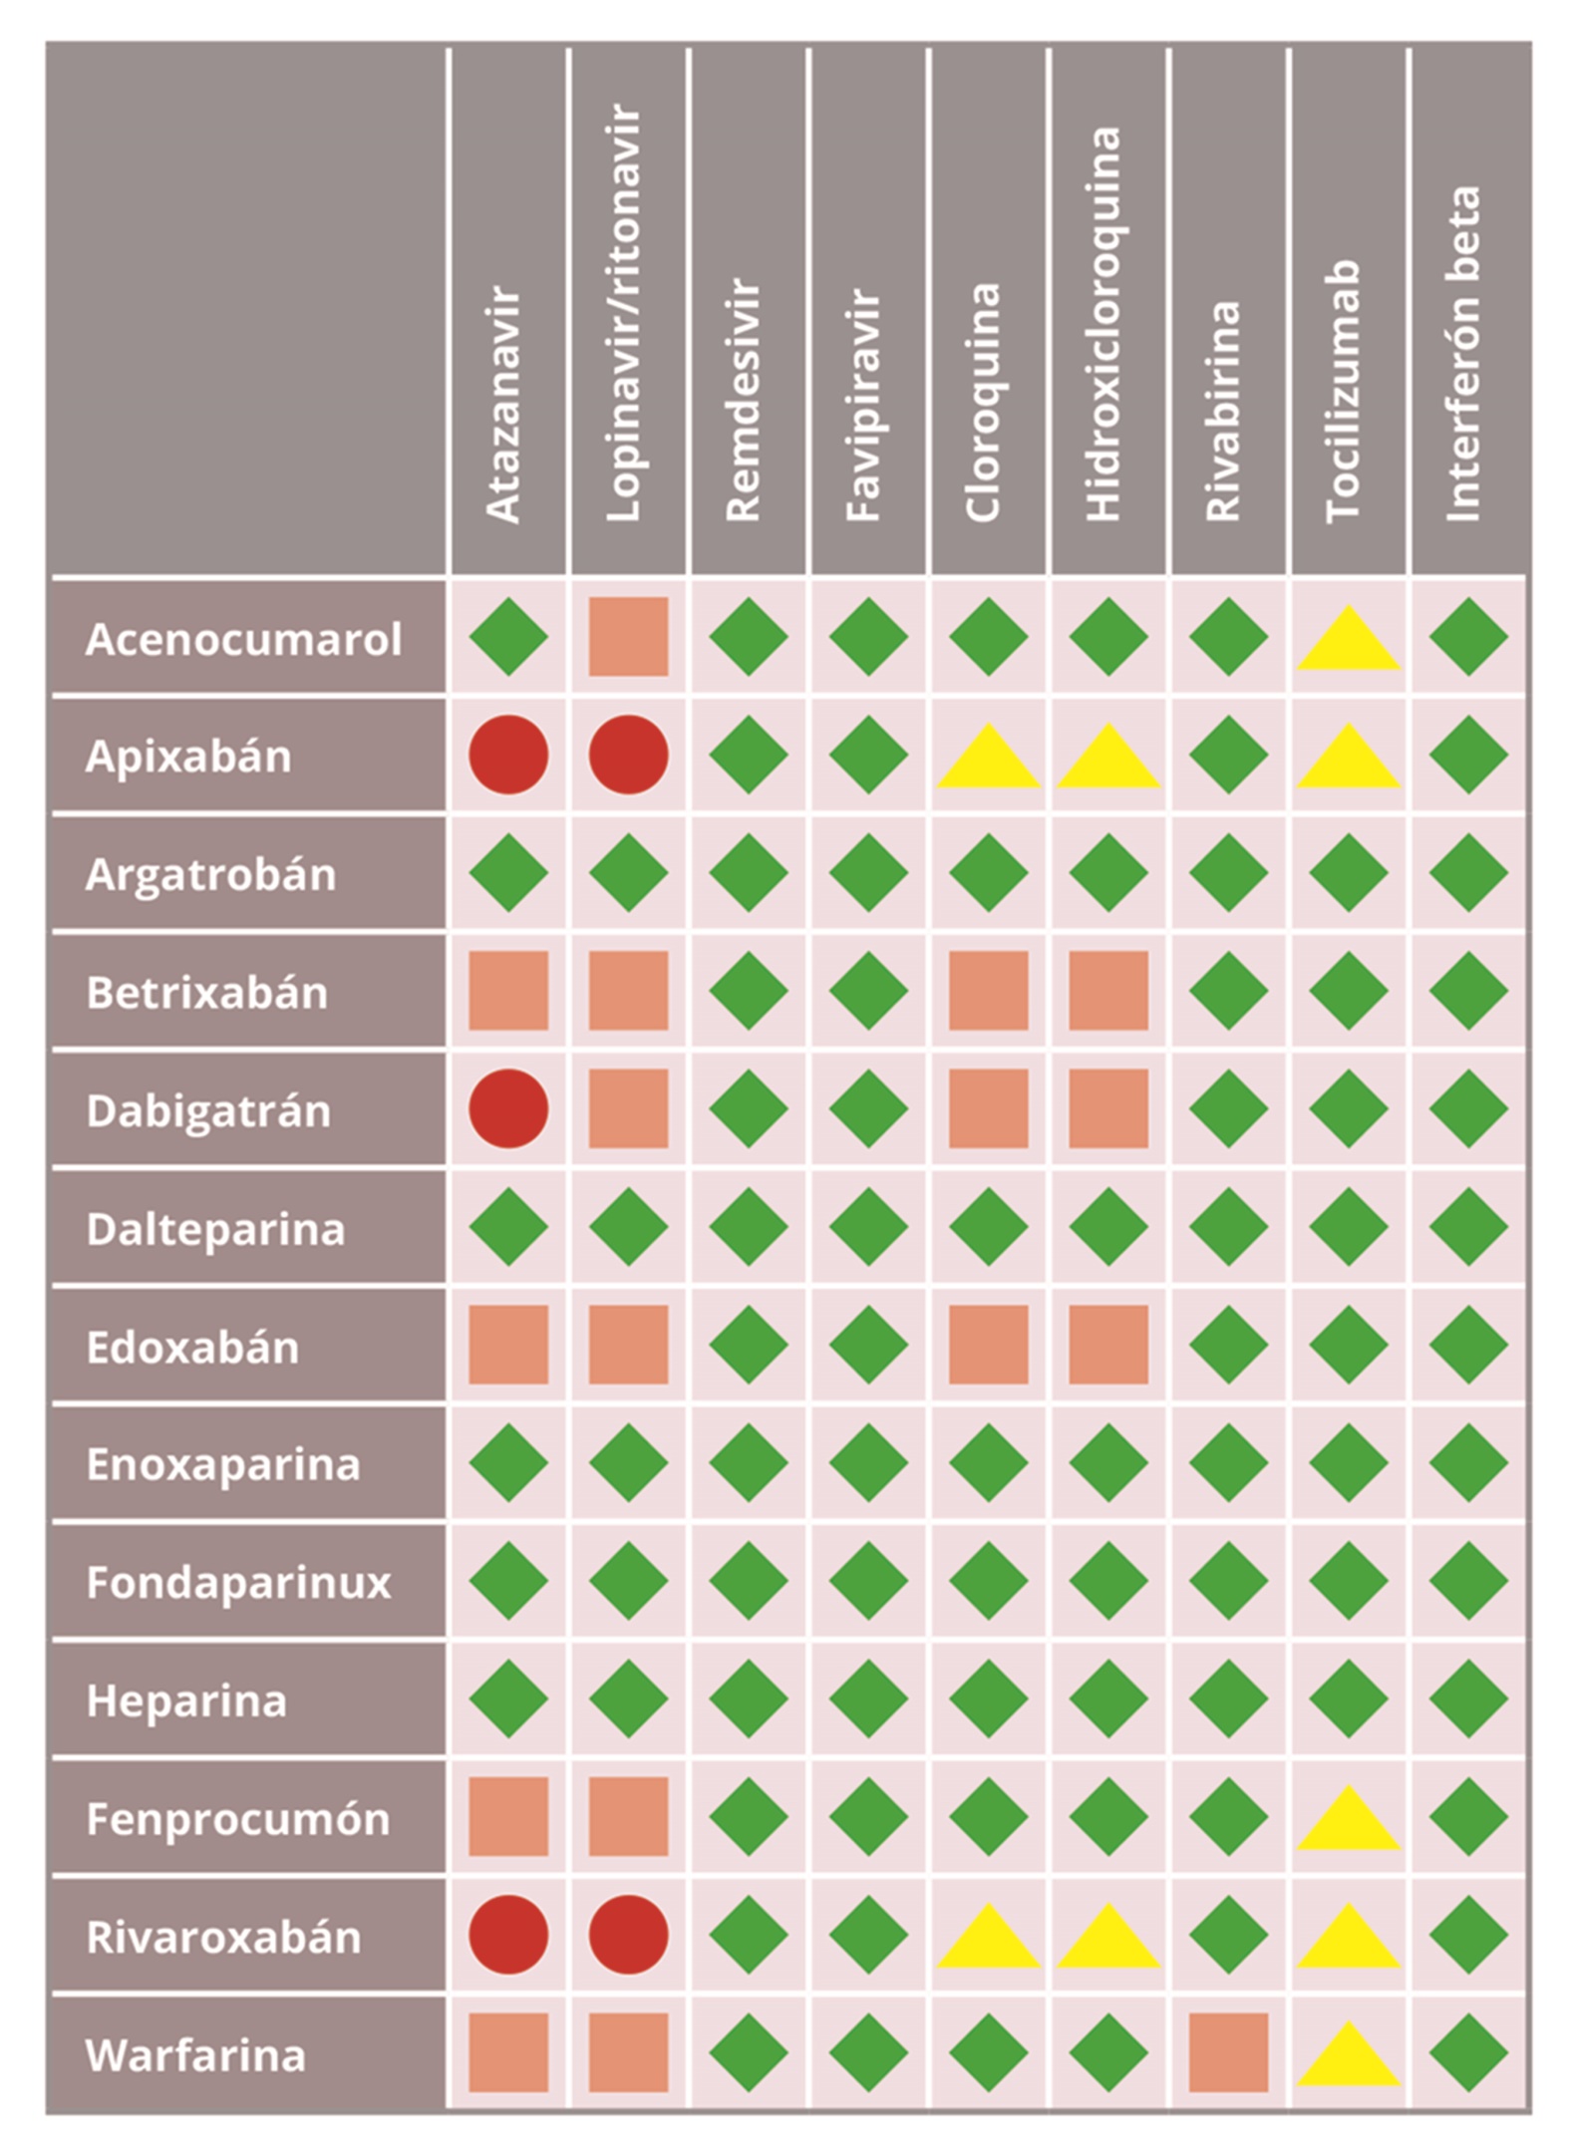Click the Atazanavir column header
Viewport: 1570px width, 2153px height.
click(x=503, y=404)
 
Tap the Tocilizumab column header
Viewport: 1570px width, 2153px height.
click(x=1344, y=391)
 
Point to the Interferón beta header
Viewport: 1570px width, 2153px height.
click(x=1463, y=354)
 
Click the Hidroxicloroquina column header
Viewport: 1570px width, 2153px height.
click(x=1103, y=324)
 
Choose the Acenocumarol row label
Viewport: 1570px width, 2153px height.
click(x=244, y=639)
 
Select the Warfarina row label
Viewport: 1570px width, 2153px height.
click(x=195, y=2055)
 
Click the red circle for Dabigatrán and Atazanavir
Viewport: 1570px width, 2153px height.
click(x=508, y=1108)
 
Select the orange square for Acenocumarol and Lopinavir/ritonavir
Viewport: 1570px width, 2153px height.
click(x=628, y=637)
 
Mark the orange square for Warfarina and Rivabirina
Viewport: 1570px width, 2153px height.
click(x=1228, y=2052)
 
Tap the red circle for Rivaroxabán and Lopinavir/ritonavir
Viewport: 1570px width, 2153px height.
click(x=628, y=1935)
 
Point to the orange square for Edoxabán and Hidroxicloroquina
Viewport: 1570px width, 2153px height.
click(x=1108, y=1345)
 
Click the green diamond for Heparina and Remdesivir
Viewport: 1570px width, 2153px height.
click(x=749, y=1698)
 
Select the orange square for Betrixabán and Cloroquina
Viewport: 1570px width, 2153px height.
click(x=988, y=991)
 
